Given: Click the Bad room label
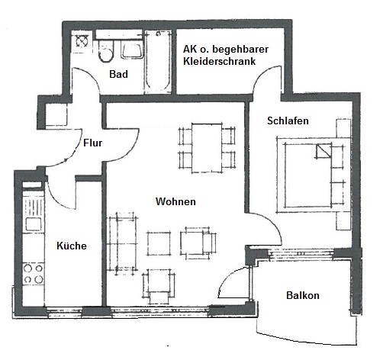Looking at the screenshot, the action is click(x=118, y=74).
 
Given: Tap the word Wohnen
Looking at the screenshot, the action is click(x=175, y=201).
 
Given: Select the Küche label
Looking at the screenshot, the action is click(x=72, y=246).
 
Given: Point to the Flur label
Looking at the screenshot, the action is click(x=93, y=143).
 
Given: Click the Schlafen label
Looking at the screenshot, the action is click(x=288, y=121).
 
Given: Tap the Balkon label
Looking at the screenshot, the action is click(x=303, y=295).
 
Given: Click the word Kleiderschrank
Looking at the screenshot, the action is click(x=220, y=61).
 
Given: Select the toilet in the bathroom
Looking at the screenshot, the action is click(x=105, y=51).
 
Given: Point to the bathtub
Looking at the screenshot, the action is click(x=158, y=62).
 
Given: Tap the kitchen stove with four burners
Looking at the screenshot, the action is click(x=33, y=274).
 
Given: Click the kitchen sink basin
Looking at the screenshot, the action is click(x=34, y=224).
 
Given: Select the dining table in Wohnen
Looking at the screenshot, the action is click(x=207, y=148).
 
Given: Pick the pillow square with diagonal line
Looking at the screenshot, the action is click(x=323, y=151).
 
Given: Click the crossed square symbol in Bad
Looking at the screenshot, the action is click(x=82, y=41).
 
